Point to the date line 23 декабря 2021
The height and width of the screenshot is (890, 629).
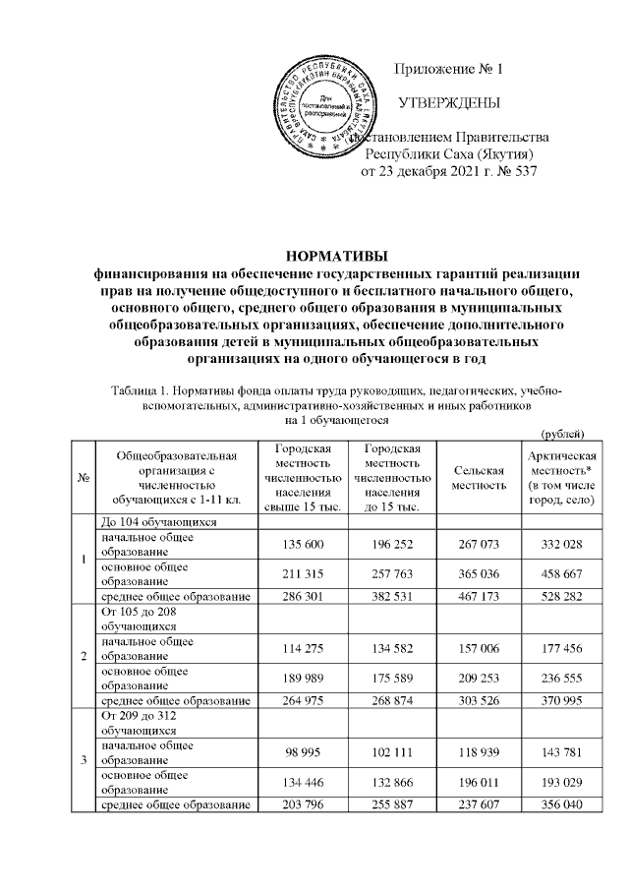coord(450,172)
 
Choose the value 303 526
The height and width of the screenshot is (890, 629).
coord(480,701)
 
